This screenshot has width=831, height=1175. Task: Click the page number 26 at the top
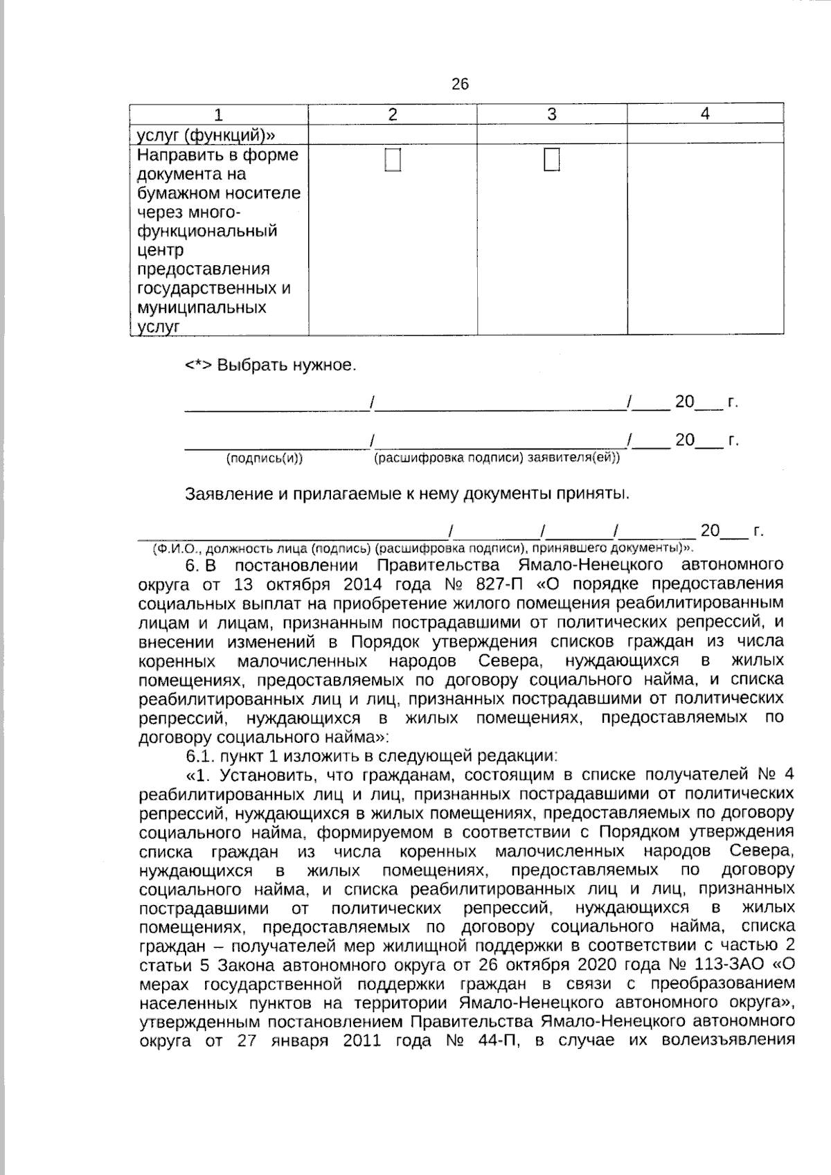point(460,84)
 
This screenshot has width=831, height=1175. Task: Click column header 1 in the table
point(219,114)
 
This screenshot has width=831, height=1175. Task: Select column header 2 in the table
point(393,114)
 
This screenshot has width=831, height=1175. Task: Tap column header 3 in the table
point(552,114)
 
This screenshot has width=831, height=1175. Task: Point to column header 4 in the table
point(705,114)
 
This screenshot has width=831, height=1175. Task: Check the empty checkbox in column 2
point(393,160)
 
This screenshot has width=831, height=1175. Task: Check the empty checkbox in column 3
point(552,160)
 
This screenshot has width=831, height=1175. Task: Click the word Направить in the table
point(177,154)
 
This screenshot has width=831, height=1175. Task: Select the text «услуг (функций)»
point(202,134)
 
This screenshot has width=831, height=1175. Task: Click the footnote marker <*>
point(198,365)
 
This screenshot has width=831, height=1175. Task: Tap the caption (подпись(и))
point(265,458)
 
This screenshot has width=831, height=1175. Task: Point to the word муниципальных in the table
point(202,307)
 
